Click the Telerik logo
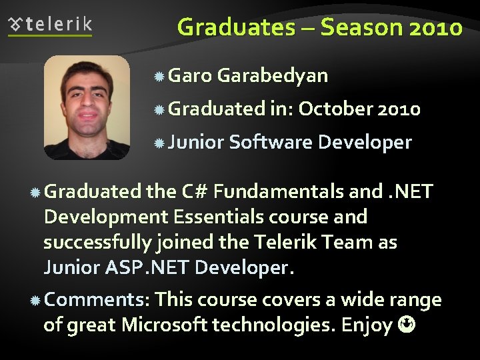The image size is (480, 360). point(50,25)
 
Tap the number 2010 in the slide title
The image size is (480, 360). point(433,27)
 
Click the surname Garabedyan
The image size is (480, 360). point(273,75)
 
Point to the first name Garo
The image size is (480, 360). point(190,75)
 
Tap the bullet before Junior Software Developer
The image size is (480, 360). point(159,143)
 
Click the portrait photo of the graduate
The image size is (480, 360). point(87,107)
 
